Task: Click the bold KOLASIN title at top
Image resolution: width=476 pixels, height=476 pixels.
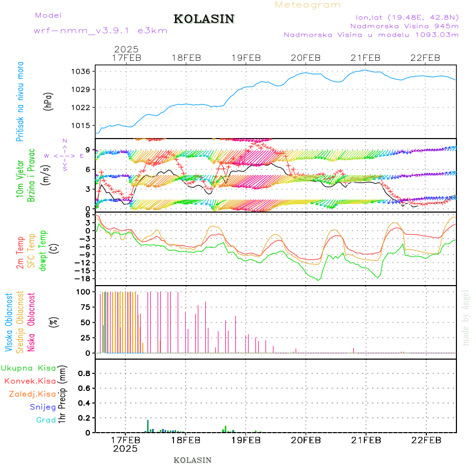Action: (204, 19)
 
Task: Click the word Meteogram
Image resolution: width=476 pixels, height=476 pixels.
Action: (308, 5)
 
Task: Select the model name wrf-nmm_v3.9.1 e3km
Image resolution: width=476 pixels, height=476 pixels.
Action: (100, 31)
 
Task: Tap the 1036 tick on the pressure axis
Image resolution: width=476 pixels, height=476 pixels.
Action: (82, 71)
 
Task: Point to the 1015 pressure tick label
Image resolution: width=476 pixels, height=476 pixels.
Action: (82, 126)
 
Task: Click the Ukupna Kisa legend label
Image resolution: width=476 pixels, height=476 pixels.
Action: (28, 368)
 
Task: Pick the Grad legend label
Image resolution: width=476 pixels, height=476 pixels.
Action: (45, 420)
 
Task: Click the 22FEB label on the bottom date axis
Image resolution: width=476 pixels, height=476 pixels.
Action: (426, 440)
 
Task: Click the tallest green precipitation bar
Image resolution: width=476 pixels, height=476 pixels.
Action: (148, 426)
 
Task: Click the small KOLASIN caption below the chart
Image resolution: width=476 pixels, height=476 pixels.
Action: (193, 460)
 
